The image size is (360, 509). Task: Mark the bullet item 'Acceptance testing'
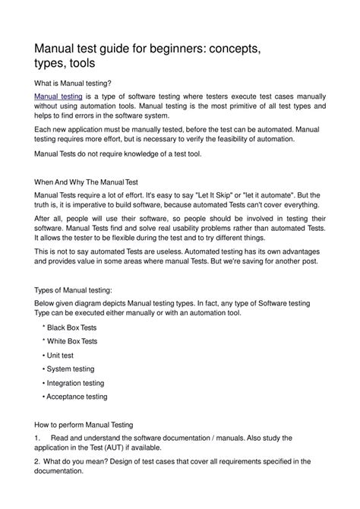[x=76, y=397]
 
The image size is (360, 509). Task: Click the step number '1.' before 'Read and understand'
[x=39, y=438]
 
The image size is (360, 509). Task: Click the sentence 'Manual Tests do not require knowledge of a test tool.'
[x=120, y=153]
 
